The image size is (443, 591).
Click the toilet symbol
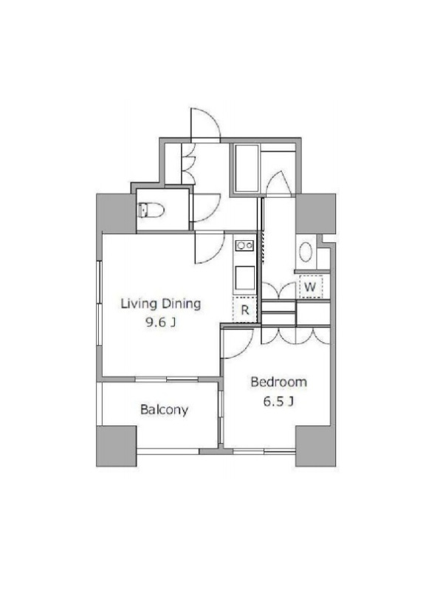pos(151,210)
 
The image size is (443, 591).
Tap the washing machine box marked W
pos(310,287)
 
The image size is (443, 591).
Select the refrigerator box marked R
pos(244,310)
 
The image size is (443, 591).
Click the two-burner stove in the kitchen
pos(244,246)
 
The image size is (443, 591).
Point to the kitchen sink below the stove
pos(244,279)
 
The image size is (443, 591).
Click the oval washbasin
pos(306,251)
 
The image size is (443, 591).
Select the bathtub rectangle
pos(247,168)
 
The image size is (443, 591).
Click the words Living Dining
pos(160,304)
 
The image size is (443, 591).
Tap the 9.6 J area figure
pos(160,322)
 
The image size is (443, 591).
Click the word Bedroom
pos(279,382)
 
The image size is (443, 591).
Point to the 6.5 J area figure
pos(278,401)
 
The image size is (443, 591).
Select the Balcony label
pos(164,409)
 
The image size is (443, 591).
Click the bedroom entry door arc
pos(246,349)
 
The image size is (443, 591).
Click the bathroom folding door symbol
pos(279,182)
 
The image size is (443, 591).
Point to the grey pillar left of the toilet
pos(116,213)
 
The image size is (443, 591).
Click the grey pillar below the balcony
pos(117,446)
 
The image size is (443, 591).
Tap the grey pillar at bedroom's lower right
pos(315,446)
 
